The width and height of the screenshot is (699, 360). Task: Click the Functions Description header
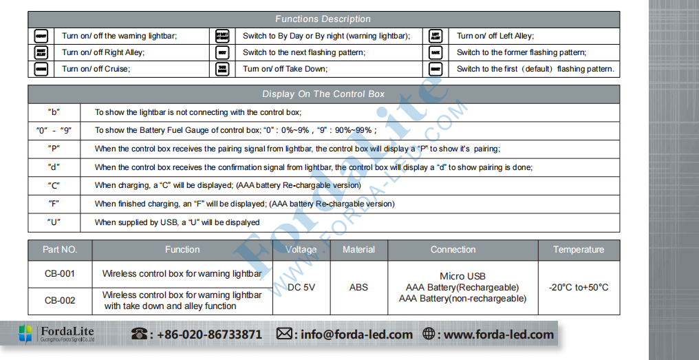(x=323, y=19)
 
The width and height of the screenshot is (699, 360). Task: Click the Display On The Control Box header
(x=323, y=94)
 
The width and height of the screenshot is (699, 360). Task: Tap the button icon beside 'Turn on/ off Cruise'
(x=41, y=69)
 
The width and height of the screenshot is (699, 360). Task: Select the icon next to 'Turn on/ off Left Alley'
(x=435, y=36)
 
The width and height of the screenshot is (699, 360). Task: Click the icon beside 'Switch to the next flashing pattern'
(x=222, y=52)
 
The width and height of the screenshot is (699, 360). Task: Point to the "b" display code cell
(x=54, y=112)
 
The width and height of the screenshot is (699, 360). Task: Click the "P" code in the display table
(x=54, y=149)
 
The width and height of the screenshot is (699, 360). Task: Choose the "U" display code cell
(x=54, y=222)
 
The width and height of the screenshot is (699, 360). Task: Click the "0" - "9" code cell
(x=54, y=130)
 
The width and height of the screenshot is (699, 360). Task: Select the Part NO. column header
(x=60, y=250)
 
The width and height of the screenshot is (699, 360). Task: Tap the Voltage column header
(x=301, y=250)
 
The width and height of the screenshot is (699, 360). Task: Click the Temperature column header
(x=578, y=250)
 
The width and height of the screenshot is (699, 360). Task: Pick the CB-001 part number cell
(x=60, y=274)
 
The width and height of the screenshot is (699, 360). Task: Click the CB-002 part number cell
(x=60, y=301)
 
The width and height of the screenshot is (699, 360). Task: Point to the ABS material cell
(x=358, y=287)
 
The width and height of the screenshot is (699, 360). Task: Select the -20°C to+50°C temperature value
(x=578, y=288)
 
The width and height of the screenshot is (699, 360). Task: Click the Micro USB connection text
(x=462, y=276)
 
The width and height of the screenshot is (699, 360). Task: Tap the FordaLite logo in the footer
(x=56, y=335)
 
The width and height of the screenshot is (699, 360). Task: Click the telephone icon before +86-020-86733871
(x=140, y=335)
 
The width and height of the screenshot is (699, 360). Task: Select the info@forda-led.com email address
(x=356, y=335)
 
